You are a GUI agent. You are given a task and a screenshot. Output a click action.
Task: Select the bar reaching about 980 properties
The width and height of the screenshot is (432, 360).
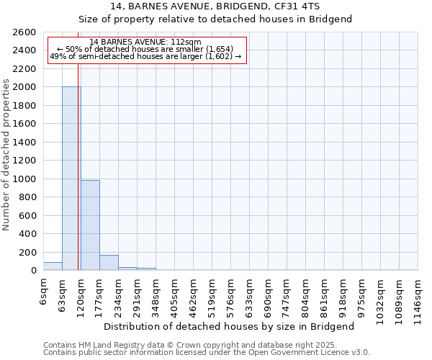(90, 225)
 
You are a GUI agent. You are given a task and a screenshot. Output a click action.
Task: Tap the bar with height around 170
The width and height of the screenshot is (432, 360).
(109, 263)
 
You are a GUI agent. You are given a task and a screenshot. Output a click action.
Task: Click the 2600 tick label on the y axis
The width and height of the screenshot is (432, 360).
(24, 32)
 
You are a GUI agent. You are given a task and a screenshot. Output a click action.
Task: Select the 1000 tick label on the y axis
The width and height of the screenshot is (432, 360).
(24, 179)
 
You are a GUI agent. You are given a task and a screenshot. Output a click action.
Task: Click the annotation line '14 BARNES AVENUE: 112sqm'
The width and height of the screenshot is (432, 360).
(146, 42)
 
